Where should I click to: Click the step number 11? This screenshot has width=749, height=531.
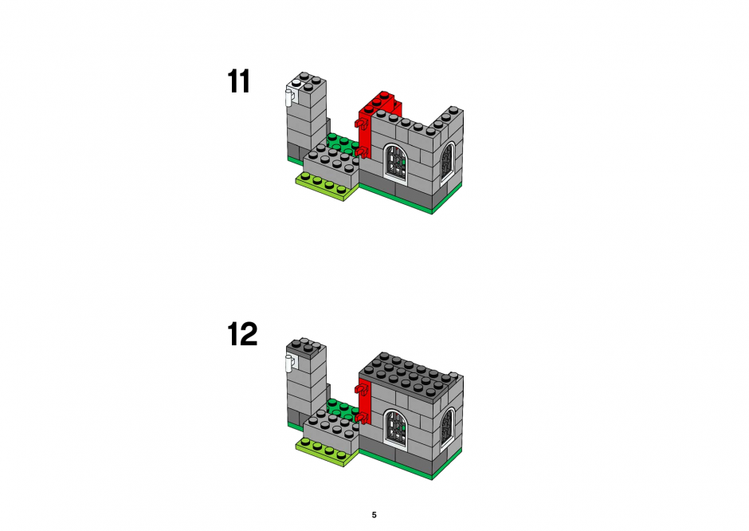(238, 82)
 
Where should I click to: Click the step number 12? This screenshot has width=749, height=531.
(242, 334)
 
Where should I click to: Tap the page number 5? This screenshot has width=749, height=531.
(374, 515)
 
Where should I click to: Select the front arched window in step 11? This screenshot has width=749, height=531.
(396, 163)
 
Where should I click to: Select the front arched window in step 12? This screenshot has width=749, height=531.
(396, 428)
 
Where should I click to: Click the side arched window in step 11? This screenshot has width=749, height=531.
(447, 162)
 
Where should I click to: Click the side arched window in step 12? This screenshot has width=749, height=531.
(447, 427)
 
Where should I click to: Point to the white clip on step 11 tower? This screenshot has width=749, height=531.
(289, 97)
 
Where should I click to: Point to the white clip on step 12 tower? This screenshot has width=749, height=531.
(289, 363)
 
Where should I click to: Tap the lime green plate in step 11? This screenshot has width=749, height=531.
(327, 187)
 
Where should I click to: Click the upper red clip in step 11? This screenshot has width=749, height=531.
(361, 124)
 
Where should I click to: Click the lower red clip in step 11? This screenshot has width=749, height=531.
(361, 152)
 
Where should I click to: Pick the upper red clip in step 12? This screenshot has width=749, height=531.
(361, 390)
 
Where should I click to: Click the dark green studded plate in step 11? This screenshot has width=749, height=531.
(342, 142)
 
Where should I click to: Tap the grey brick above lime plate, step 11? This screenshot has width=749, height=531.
(331, 167)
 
